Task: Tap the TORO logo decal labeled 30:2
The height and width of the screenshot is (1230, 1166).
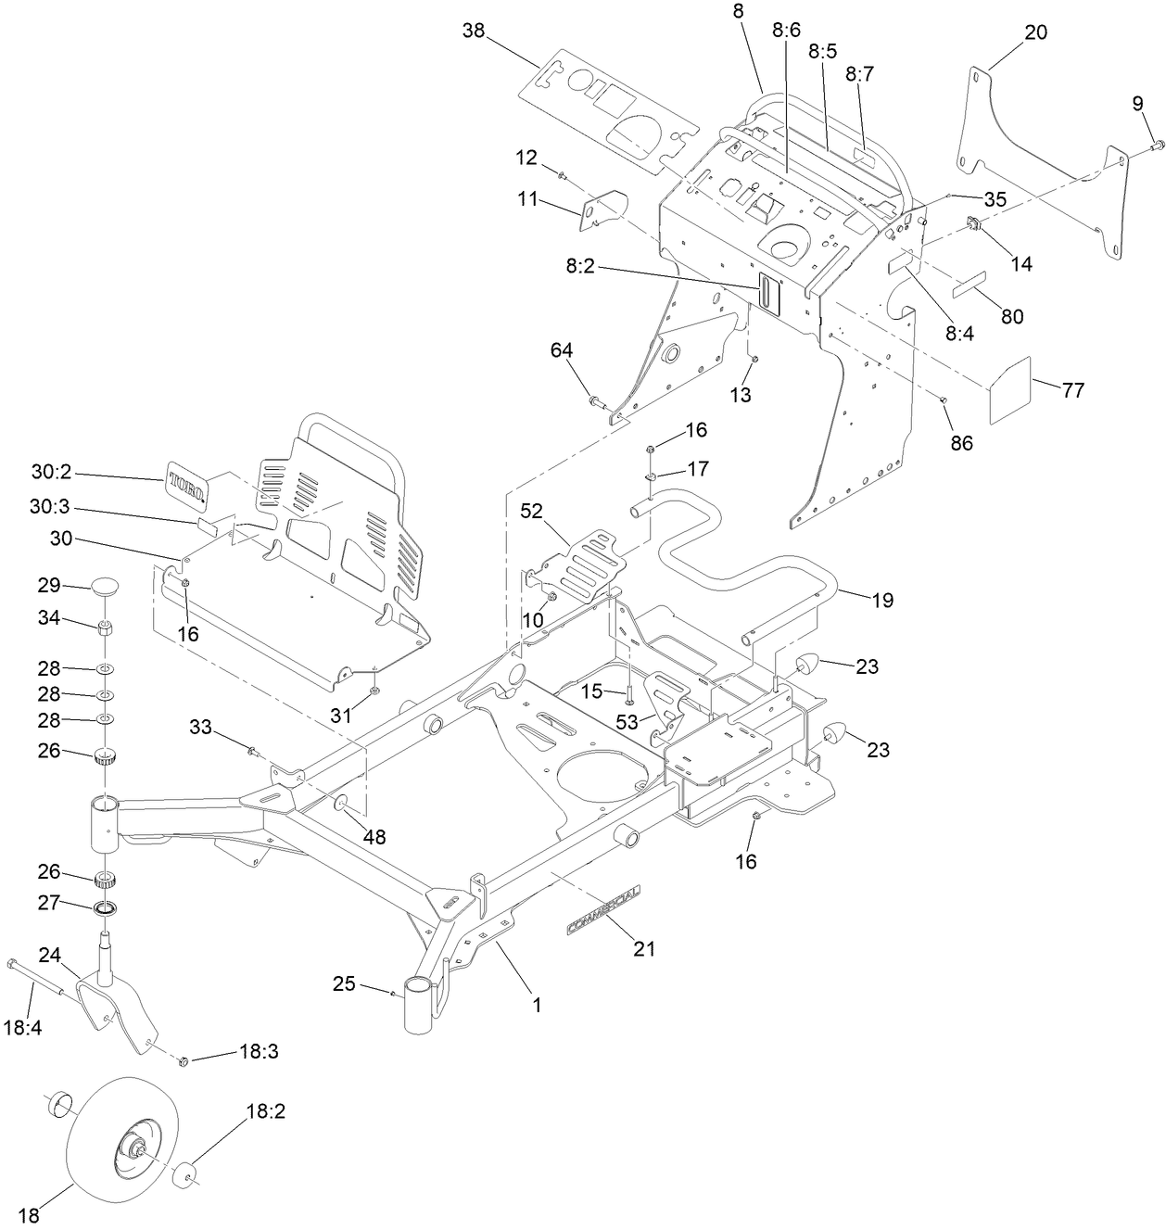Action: coord(186,484)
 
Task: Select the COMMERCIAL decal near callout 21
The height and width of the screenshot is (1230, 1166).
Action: coord(602,908)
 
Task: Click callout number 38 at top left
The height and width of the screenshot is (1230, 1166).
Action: coord(474,31)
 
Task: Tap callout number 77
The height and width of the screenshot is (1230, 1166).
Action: coord(1072,390)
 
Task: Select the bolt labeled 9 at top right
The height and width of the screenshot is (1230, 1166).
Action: coord(1158,145)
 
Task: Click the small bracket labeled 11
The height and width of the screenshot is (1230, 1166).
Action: coord(602,209)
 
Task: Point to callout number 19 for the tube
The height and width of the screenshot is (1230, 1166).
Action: coord(882,600)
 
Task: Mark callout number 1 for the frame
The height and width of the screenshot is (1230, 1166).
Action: coord(535,1003)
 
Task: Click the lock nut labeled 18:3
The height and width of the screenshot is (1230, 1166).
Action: coord(184,1060)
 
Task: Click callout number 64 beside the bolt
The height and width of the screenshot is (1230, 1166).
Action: coord(562,349)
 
